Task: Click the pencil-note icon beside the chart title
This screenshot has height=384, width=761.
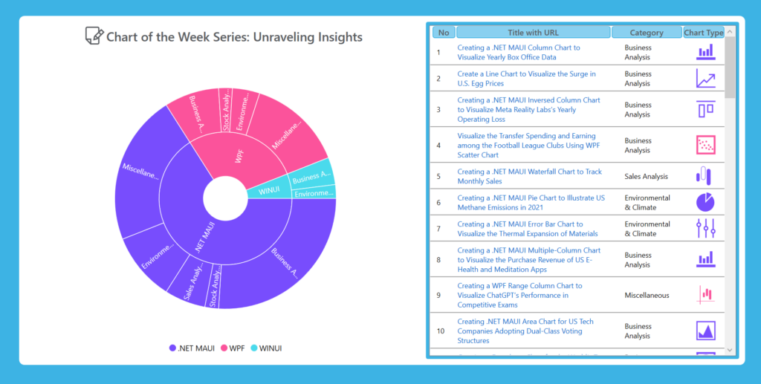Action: (x=94, y=36)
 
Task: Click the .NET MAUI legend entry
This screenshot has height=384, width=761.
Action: (x=193, y=348)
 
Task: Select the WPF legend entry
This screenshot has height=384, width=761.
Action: (x=232, y=348)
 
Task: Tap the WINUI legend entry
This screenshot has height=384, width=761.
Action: (x=265, y=348)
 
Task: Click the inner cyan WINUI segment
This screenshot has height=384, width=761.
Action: (x=269, y=191)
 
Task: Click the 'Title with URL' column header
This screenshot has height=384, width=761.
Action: (x=533, y=33)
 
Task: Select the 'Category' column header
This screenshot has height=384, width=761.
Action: (x=647, y=33)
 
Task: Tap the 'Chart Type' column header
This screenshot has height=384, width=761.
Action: (x=703, y=33)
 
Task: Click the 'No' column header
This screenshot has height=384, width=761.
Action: (x=444, y=33)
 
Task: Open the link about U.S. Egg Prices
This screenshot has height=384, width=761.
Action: (x=526, y=79)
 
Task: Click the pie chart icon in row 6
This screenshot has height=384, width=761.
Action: (x=705, y=202)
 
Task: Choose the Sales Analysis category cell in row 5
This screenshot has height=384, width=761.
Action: (x=646, y=177)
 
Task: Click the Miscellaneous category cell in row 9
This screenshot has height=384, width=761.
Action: (x=647, y=295)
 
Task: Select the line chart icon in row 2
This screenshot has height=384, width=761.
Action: (x=705, y=79)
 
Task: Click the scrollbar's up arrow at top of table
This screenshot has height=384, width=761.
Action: (x=729, y=32)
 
